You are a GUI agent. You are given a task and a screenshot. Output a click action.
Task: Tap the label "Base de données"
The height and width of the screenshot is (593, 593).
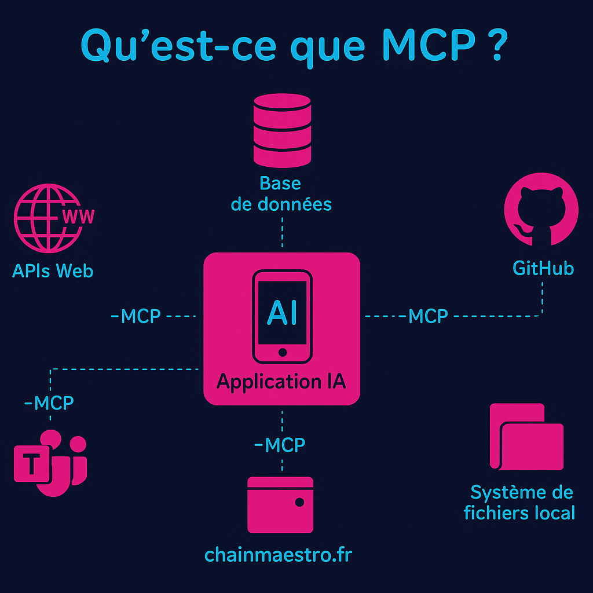[281, 194]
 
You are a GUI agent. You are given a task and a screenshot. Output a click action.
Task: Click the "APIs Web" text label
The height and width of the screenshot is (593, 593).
[53, 270]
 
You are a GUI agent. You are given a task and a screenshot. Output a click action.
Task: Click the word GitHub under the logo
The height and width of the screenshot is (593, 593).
[543, 268]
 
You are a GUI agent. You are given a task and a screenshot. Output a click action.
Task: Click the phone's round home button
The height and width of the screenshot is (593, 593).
[282, 352]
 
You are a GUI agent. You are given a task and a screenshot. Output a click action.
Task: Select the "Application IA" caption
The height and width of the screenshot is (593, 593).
[281, 382]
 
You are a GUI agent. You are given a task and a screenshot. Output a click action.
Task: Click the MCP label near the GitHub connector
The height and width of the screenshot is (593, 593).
[428, 316]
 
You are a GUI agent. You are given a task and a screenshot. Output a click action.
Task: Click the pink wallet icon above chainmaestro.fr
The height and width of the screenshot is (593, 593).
[280, 504]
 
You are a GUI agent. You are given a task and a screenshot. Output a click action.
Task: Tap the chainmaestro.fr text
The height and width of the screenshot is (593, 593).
[279, 555]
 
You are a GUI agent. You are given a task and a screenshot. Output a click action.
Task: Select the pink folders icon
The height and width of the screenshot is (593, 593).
[526, 437]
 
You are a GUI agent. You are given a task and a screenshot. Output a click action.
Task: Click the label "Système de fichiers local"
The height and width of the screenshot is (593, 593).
[520, 503]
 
